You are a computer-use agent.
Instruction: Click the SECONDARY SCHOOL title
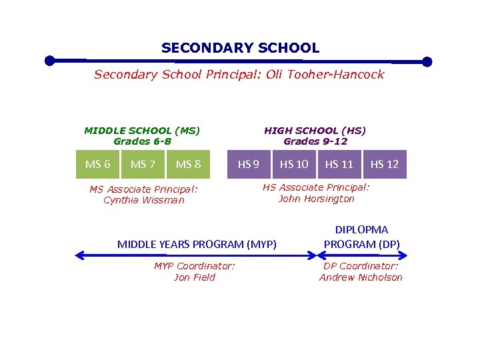(x=240, y=48)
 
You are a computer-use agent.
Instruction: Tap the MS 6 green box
(x=98, y=164)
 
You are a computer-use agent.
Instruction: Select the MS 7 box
(x=143, y=164)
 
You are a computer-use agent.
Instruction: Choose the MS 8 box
(x=188, y=164)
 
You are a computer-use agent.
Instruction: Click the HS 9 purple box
(x=249, y=164)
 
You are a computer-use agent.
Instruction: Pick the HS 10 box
(x=294, y=164)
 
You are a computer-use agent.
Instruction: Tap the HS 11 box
(x=339, y=164)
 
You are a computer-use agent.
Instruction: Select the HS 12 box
(x=385, y=164)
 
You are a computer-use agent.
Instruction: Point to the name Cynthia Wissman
(x=143, y=200)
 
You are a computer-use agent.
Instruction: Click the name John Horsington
(x=316, y=199)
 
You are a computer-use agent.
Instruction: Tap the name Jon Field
(x=194, y=277)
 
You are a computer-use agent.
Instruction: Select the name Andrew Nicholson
(x=361, y=277)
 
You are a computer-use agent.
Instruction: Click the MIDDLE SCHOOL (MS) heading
(x=142, y=131)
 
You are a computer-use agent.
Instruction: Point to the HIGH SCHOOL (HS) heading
(x=315, y=131)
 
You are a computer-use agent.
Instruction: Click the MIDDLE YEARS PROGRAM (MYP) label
(x=197, y=244)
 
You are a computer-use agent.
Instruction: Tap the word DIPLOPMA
(x=361, y=230)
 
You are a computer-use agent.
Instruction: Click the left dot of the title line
(x=49, y=61)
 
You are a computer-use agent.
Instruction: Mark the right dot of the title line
(x=427, y=62)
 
